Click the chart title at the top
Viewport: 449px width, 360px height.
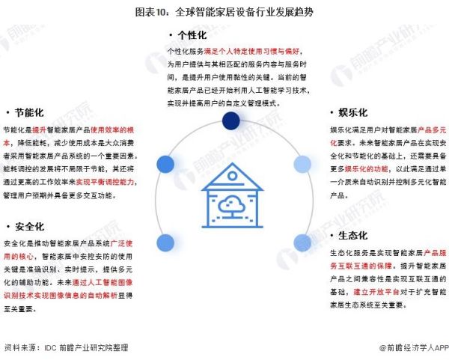click(x=224, y=12)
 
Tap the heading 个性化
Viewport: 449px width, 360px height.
click(x=192, y=35)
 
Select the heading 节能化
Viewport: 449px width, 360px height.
click(x=29, y=113)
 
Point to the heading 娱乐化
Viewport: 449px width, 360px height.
click(x=352, y=112)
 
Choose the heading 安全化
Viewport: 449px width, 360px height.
click(x=29, y=227)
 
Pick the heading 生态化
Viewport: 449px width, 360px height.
click(x=352, y=236)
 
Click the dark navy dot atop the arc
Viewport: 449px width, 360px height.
click(x=230, y=120)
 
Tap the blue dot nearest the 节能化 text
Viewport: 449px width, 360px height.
click(x=165, y=165)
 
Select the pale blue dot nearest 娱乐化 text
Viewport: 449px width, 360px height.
click(x=302, y=165)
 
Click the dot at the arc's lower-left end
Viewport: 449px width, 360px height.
click(x=165, y=242)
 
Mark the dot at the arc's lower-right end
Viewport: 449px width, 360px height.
click(x=302, y=242)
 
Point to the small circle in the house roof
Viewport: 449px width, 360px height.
click(x=232, y=176)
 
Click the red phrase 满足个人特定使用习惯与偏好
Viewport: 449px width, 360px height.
click(x=251, y=52)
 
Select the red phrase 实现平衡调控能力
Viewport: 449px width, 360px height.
click(x=105, y=182)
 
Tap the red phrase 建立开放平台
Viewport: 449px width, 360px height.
click(x=376, y=292)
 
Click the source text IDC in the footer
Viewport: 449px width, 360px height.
click(x=50, y=348)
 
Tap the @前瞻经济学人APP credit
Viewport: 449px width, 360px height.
click(x=414, y=348)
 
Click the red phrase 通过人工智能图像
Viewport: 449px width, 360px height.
click(x=103, y=283)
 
